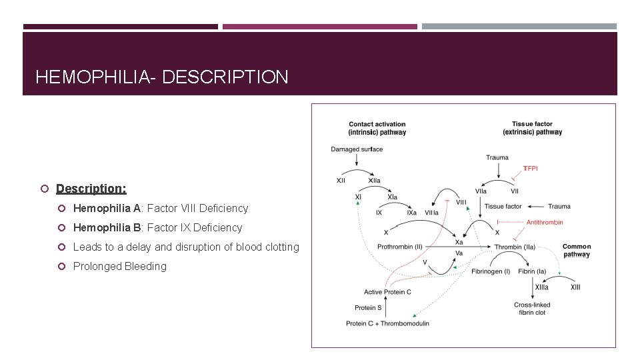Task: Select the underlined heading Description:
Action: click(91, 189)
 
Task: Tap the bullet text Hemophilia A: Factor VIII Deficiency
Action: click(160, 208)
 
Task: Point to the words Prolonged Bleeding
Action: click(120, 266)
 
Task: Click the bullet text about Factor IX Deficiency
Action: click(157, 227)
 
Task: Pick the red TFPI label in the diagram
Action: click(531, 169)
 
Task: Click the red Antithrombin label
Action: click(545, 222)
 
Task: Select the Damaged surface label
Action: click(357, 149)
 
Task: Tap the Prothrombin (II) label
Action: click(400, 247)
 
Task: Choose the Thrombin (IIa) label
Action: click(515, 247)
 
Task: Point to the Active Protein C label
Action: click(387, 292)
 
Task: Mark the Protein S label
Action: click(369, 307)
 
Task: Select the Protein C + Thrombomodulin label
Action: click(387, 323)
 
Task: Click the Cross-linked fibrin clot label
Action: click(532, 309)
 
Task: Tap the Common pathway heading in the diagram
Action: click(576, 250)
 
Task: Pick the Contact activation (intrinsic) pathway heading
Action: click(377, 128)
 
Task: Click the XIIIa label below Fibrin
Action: click(541, 287)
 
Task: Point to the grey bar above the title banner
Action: click(519, 27)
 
